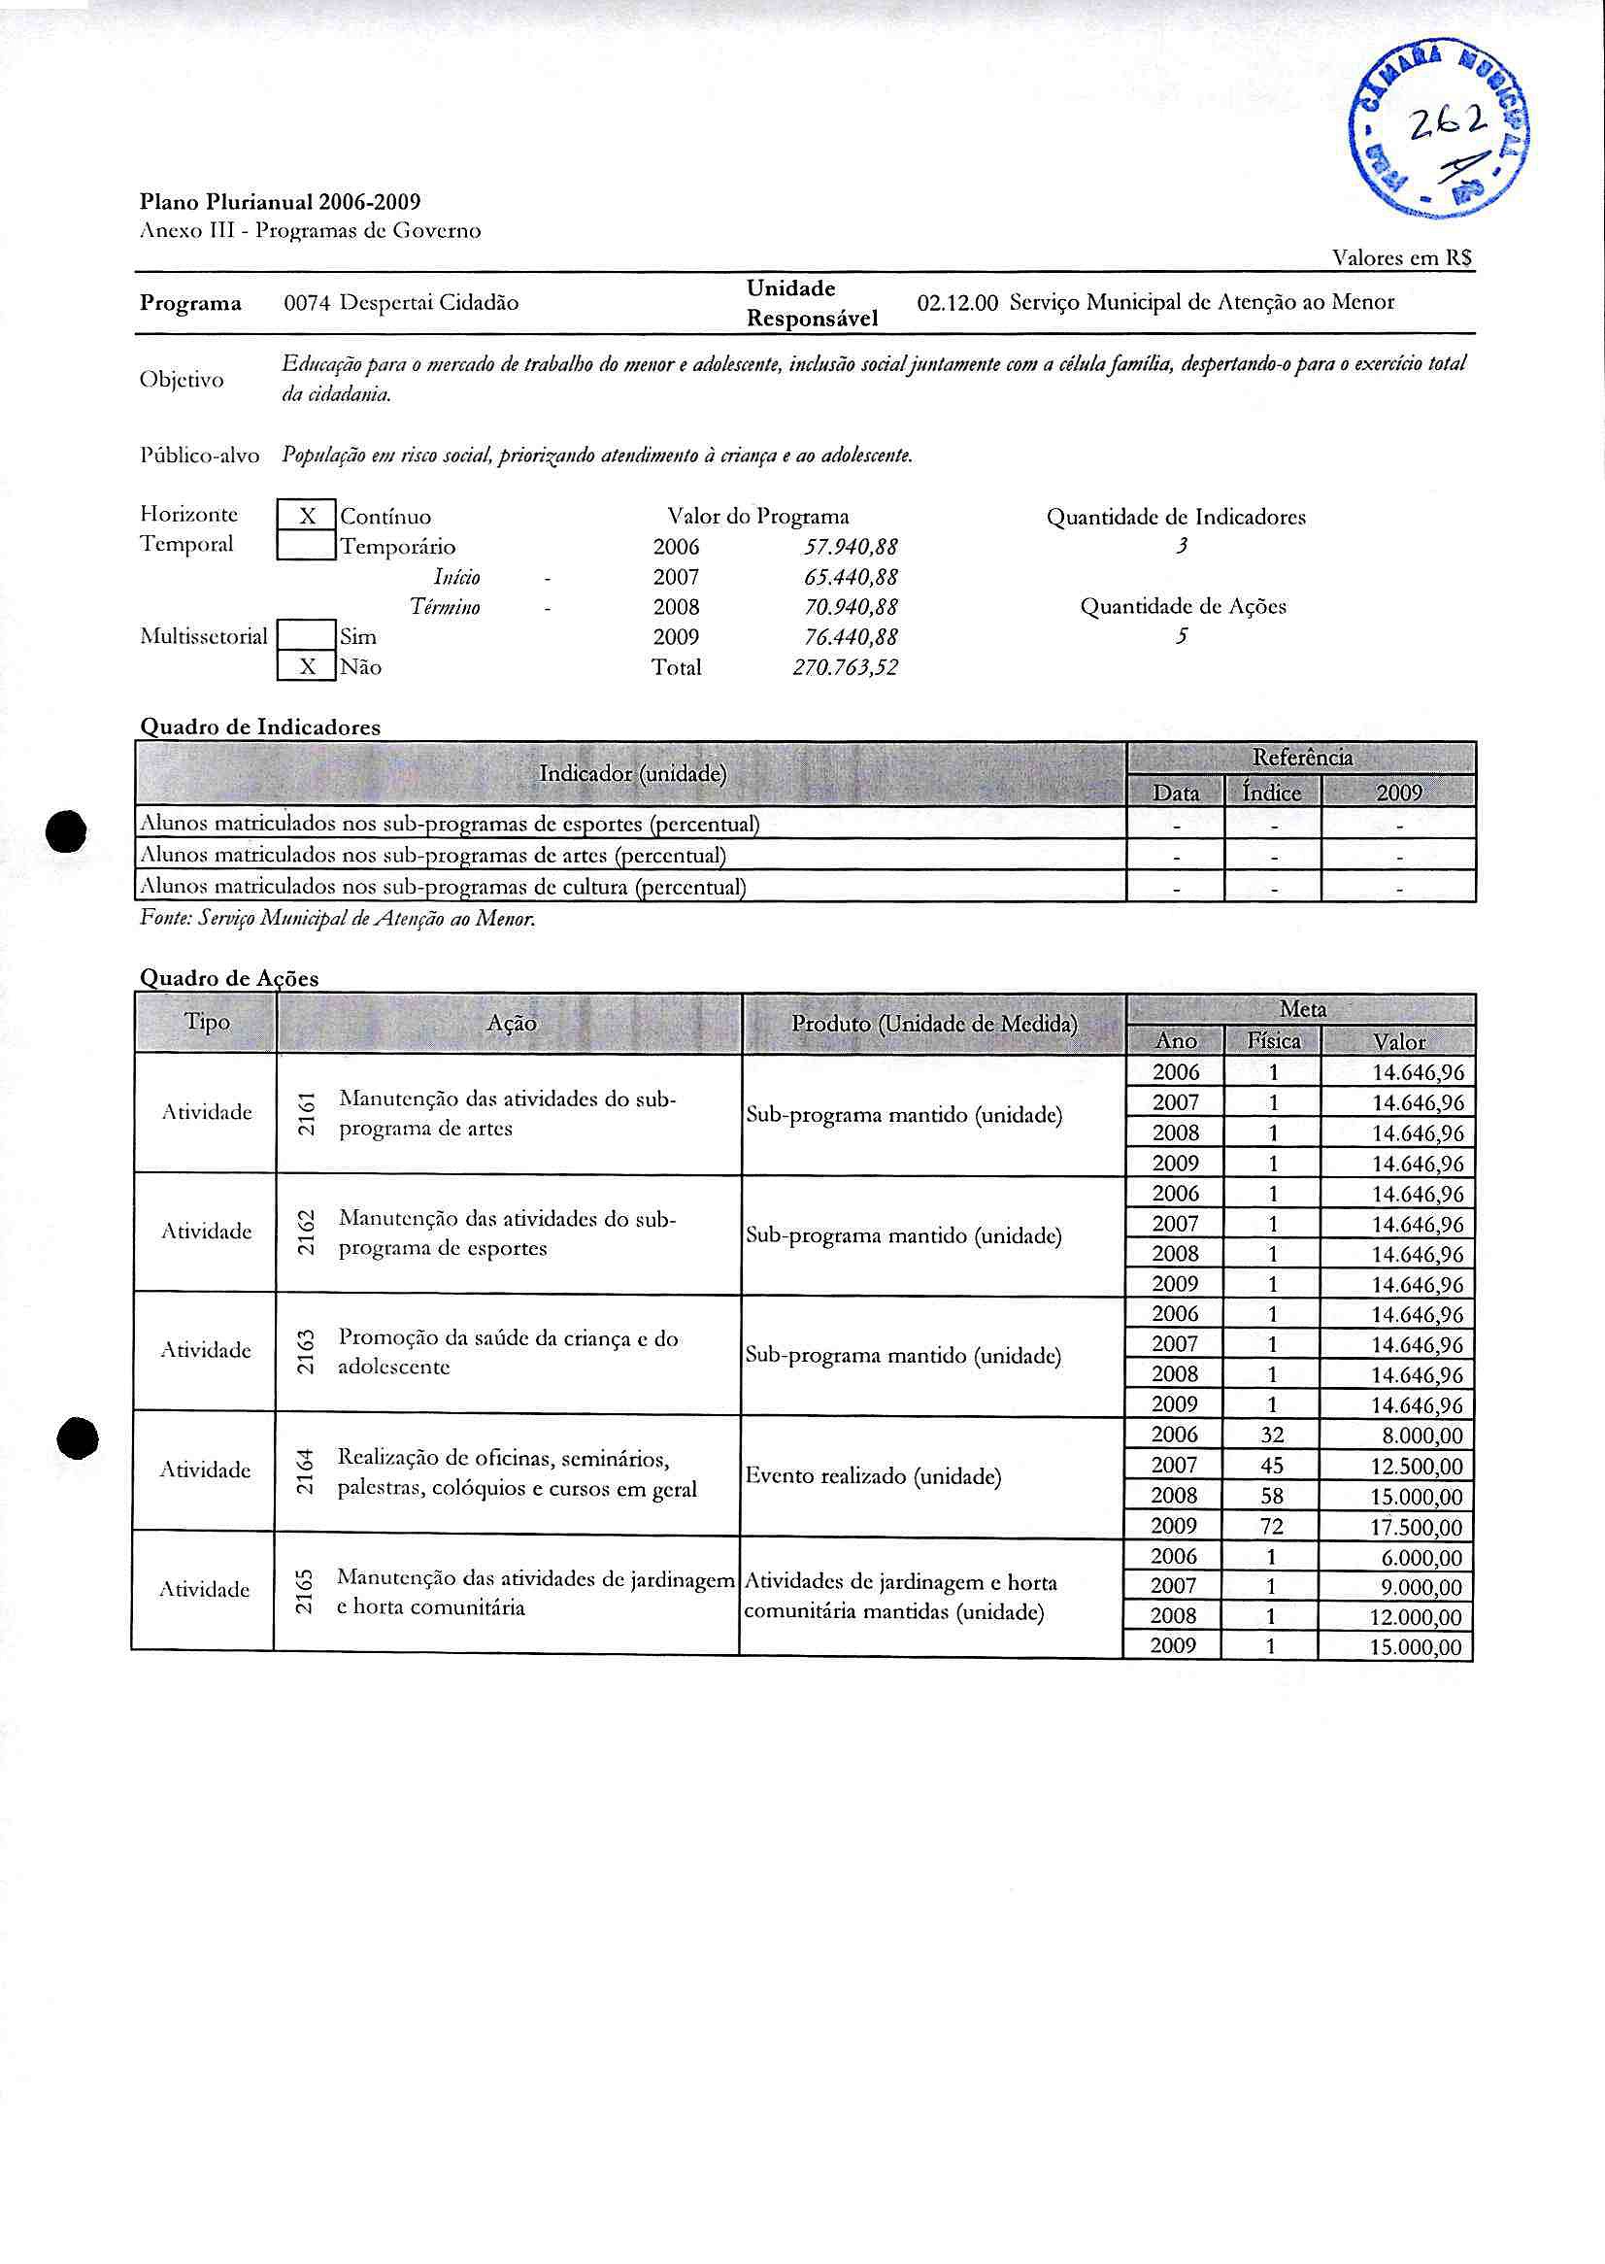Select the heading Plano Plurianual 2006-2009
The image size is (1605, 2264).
pyautogui.click(x=280, y=203)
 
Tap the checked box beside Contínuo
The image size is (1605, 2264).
pyautogui.click(x=307, y=516)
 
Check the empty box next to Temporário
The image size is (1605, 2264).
pyautogui.click(x=307, y=546)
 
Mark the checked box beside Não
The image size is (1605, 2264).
pyautogui.click(x=307, y=667)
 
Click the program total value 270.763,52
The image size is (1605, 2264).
pyautogui.click(x=845, y=668)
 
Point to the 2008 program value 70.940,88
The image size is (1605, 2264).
pyautogui.click(x=851, y=607)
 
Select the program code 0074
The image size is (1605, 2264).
pyautogui.click(x=307, y=303)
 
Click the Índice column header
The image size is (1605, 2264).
pyautogui.click(x=1272, y=793)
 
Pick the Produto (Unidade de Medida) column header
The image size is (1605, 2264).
pyautogui.click(x=934, y=1025)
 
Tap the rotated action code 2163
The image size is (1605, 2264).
pyautogui.click(x=307, y=1352)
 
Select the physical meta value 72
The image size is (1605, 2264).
pyautogui.click(x=1272, y=1527)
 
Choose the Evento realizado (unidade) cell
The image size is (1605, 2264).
pyautogui.click(x=874, y=1477)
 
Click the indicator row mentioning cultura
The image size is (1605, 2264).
pyautogui.click(x=443, y=887)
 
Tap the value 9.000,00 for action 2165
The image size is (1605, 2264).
pyautogui.click(x=1422, y=1588)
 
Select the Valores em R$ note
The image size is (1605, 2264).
pyautogui.click(x=1402, y=258)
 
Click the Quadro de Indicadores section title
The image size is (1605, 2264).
pyautogui.click(x=260, y=727)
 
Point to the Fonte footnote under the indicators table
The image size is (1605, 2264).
pyautogui.click(x=338, y=920)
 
